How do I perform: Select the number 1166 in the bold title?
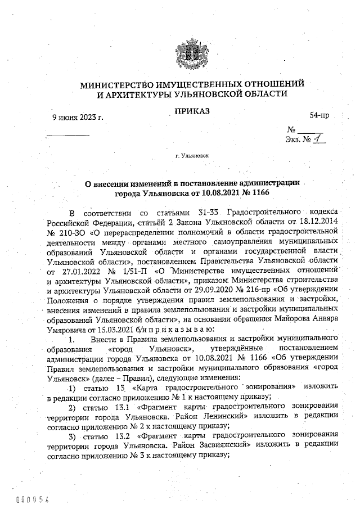click(260, 193)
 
